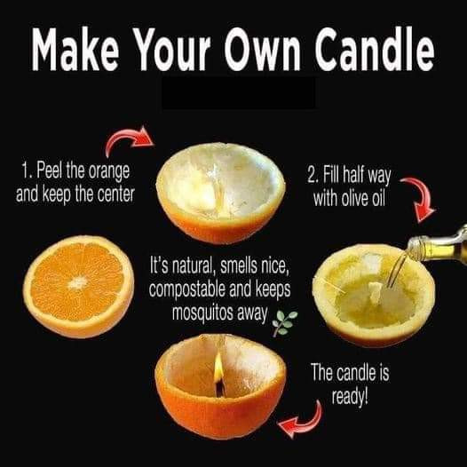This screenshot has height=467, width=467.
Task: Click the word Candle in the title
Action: pyautogui.click(x=375, y=49)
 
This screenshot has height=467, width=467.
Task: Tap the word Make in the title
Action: pyautogui.click(x=75, y=49)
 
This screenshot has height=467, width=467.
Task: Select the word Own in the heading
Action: pyautogui.click(x=263, y=49)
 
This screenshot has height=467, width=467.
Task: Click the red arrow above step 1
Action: pyautogui.click(x=129, y=140)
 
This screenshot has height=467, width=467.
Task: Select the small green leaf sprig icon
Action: pyautogui.click(x=285, y=323)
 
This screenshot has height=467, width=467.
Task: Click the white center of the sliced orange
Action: pyautogui.click(x=77, y=283)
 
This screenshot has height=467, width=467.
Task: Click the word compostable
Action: pyautogui.click(x=187, y=289)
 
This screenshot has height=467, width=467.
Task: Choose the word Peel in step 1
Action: pyautogui.click(x=50, y=170)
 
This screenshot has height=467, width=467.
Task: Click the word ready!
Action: pyautogui.click(x=350, y=397)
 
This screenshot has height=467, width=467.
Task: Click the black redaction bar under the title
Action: pyautogui.click(x=239, y=93)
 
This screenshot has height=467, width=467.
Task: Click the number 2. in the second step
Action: pyautogui.click(x=313, y=175)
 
